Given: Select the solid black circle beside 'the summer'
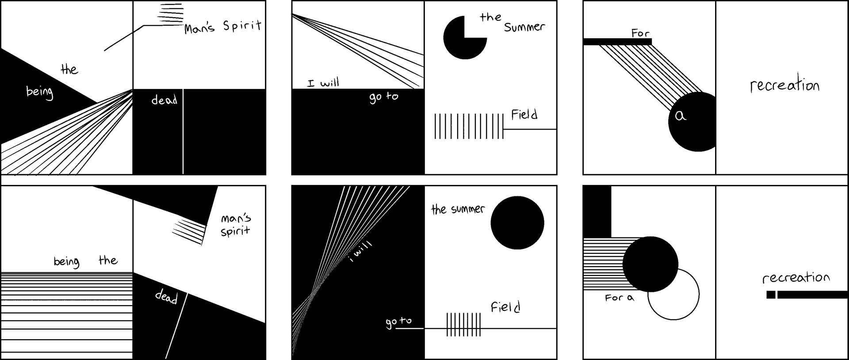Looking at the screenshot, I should (517, 223).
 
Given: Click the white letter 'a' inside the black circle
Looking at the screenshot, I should (681, 116).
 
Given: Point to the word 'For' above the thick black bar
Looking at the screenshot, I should (640, 33).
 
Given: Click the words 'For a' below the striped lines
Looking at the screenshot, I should (619, 298).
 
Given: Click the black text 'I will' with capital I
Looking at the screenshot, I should (323, 83).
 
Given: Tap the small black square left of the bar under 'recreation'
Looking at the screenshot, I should (771, 295).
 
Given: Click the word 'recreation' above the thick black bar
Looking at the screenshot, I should (796, 278).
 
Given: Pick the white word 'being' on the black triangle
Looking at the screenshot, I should (40, 92).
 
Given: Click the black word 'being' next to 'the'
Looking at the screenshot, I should (66, 261).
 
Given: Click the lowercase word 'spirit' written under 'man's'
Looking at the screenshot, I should (235, 231).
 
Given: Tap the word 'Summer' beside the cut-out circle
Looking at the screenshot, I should (524, 27).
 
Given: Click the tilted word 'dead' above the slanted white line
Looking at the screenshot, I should (166, 297).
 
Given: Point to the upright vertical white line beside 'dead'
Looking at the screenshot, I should (183, 133).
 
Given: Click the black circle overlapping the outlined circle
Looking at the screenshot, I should (650, 264).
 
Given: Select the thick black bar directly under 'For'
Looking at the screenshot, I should (617, 42).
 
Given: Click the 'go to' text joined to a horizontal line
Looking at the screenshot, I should (398, 322).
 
